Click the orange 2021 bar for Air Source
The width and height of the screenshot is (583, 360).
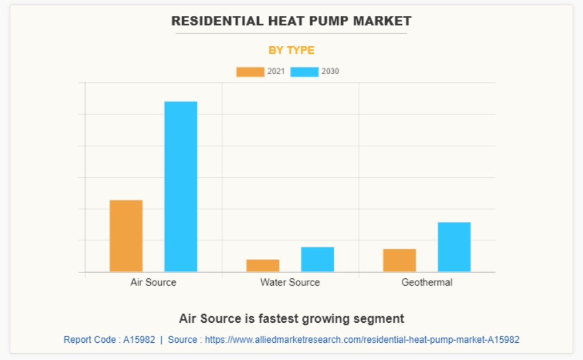(126, 235)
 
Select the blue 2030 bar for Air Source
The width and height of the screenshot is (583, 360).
(181, 186)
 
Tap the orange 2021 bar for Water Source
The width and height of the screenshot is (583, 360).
(263, 265)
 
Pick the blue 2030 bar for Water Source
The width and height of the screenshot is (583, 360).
(317, 259)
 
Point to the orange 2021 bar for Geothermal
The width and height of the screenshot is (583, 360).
(400, 260)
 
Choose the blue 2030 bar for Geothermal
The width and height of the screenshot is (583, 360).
(454, 246)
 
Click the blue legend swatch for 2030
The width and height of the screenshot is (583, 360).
(304, 72)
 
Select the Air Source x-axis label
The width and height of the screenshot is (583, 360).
(153, 282)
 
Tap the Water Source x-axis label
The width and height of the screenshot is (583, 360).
(290, 282)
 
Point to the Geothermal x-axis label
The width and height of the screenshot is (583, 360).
(426, 282)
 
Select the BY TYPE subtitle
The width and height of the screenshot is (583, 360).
(291, 50)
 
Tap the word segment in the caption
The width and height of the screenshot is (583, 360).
(382, 318)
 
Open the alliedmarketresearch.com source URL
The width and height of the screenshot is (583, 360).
(362, 339)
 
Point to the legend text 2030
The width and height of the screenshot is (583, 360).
(330, 72)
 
